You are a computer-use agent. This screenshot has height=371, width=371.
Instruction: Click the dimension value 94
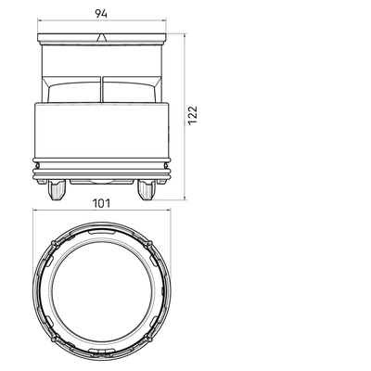101,13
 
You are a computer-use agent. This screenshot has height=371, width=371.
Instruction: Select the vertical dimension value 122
193,115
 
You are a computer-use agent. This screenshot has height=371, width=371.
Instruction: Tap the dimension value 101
101,203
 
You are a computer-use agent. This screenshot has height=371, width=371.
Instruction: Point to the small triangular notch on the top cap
101,38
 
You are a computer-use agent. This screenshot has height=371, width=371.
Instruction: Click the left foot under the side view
57,190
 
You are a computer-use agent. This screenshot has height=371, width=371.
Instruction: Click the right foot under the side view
147,190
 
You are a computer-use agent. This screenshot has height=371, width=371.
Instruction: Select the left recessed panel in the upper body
74,92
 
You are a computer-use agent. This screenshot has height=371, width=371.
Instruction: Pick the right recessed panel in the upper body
129,92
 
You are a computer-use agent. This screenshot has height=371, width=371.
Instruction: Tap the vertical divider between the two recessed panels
102,89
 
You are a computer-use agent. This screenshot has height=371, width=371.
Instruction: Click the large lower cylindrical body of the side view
102,130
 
